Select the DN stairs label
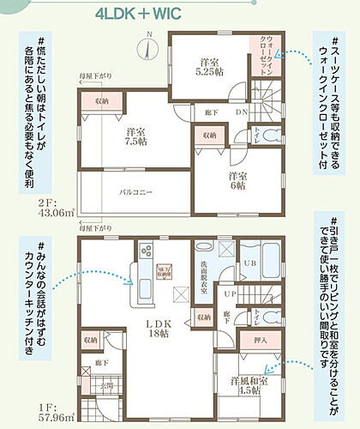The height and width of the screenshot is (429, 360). point(243,112)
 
